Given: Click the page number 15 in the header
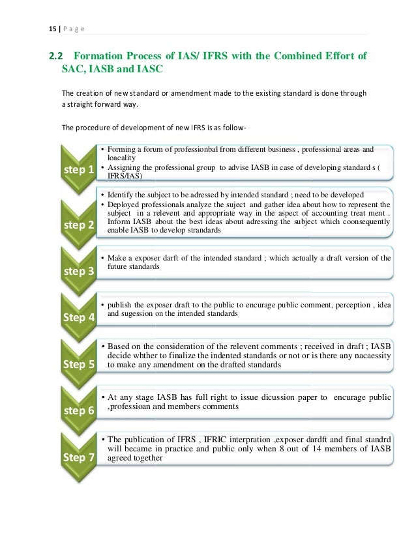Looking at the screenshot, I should click(x=52, y=28).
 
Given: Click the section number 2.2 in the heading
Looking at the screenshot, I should click(x=57, y=55).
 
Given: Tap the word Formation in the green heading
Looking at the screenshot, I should click(x=101, y=55).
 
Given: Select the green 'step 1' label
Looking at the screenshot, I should click(x=78, y=170).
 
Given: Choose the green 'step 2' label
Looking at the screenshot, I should click(x=78, y=225).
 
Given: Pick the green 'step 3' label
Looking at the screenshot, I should click(x=78, y=271).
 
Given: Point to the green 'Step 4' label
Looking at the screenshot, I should click(x=78, y=317).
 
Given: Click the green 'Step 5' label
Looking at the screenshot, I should click(x=78, y=364).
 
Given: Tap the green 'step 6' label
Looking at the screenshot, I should click(x=78, y=410).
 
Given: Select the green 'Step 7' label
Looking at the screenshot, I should click(x=78, y=457).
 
